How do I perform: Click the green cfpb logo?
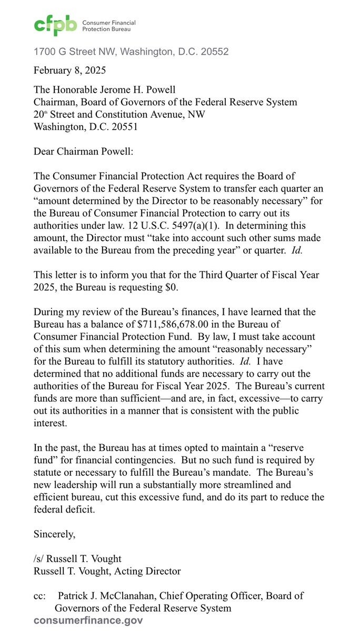pyautogui.click(x=55, y=25)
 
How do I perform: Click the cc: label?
pyautogui.click(x=41, y=596)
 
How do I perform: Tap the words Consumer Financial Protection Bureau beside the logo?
pyautogui.click(x=108, y=26)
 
